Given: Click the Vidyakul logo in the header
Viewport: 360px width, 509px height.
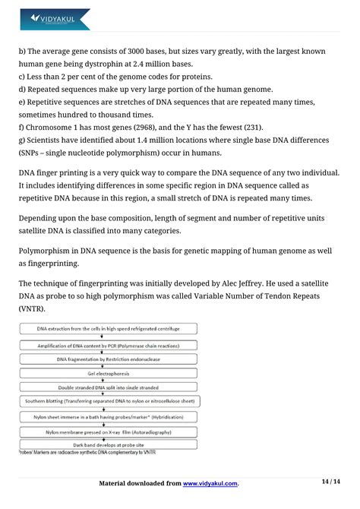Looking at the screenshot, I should [55, 18].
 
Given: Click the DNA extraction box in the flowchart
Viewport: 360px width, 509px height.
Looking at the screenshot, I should [107, 328].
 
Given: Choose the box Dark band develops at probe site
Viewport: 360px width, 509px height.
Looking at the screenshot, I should [107, 444].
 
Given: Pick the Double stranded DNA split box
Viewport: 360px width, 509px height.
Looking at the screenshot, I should [107, 387].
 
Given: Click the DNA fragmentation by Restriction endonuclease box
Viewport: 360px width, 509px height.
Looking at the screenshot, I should [107, 359].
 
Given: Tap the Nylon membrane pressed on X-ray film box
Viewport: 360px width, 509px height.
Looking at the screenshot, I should [107, 430].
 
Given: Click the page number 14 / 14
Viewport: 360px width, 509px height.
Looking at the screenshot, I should [330, 482].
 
